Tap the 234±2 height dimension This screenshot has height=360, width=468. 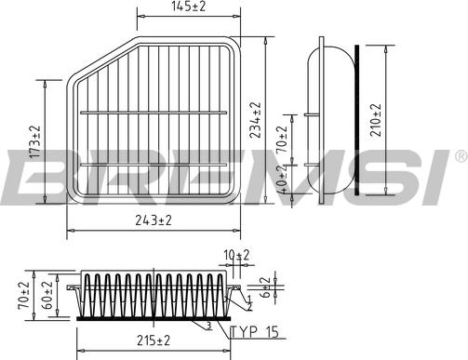click(x=256, y=119)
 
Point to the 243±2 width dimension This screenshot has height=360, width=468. click(x=153, y=221)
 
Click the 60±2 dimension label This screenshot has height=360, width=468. click(x=47, y=293)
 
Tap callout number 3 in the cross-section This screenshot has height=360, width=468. click(x=210, y=326)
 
